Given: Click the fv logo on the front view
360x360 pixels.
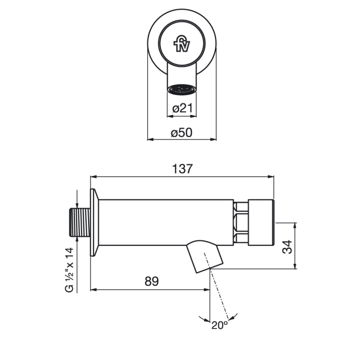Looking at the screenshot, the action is pyautogui.click(x=182, y=44).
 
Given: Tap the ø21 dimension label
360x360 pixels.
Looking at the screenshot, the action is pyautogui.click(x=182, y=108).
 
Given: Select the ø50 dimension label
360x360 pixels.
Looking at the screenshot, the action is pyautogui.click(x=181, y=133).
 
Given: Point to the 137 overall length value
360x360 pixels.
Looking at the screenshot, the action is pyautogui.click(x=182, y=169).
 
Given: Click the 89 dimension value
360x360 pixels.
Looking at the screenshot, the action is pyautogui.click(x=151, y=281).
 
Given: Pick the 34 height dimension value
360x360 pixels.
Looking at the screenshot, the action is pyautogui.click(x=287, y=247).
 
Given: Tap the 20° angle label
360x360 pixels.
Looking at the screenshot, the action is pyautogui.click(x=220, y=325).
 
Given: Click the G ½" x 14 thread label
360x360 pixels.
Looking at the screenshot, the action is pyautogui.click(x=69, y=270).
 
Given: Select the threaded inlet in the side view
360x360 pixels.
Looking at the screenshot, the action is pyautogui.click(x=80, y=222).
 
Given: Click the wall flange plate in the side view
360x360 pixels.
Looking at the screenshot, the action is pyautogui.click(x=94, y=222).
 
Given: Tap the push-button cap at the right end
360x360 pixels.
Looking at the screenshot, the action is pyautogui.click(x=261, y=223).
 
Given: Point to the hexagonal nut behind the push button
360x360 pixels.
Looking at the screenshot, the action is pyautogui.click(x=241, y=223).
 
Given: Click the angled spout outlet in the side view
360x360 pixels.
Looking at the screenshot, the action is pyautogui.click(x=204, y=256).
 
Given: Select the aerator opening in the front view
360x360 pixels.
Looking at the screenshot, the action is pyautogui.click(x=182, y=90).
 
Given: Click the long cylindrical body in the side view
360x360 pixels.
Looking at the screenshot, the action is pyautogui.click(x=166, y=223).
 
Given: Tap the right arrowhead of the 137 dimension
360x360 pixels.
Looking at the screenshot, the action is pyautogui.click(x=271, y=177).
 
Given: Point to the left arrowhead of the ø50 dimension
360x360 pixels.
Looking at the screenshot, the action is pyautogui.click(x=150, y=139).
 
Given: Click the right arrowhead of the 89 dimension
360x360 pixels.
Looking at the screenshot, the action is pyautogui.click(x=207, y=290).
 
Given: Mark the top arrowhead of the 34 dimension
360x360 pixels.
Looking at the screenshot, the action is pyautogui.click(x=295, y=225).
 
